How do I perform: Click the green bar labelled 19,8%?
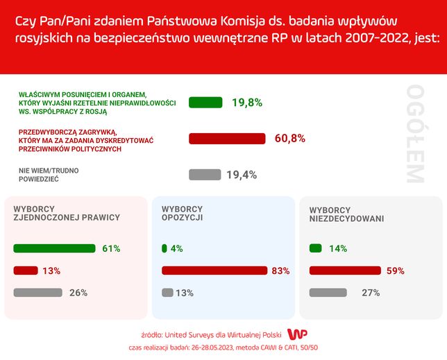205,103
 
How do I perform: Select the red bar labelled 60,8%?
228,139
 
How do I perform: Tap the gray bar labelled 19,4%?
205,175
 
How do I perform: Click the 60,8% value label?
290,139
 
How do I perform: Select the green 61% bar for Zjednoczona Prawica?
54,248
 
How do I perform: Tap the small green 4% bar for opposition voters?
165,248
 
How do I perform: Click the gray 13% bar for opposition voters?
167,293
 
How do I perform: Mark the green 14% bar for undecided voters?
316,248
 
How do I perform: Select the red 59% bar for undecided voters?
345,271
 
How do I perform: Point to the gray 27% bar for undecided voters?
327,293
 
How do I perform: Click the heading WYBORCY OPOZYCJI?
182,213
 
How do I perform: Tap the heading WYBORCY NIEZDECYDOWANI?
346,214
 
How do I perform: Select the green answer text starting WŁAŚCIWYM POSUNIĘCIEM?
97,102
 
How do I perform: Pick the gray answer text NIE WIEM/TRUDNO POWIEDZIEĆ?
48,174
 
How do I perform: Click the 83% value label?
280,271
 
